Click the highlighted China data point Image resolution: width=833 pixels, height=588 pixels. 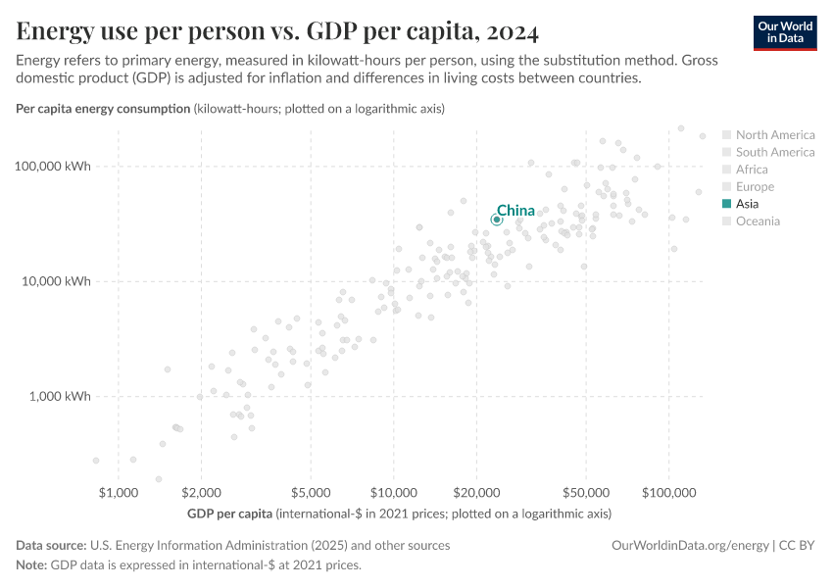497,220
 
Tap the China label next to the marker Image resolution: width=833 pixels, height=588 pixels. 515,211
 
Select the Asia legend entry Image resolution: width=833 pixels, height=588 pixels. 747,204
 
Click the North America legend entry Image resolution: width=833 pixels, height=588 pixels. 774,135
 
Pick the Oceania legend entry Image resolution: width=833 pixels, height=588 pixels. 758,221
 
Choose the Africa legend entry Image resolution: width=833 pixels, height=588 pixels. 753,170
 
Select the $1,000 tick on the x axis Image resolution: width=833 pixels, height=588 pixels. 118,491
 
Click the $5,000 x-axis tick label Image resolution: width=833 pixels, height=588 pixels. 310,491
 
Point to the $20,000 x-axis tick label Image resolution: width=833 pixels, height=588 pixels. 476,491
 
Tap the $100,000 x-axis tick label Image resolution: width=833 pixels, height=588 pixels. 668,491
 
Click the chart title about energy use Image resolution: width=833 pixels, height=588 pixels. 277,32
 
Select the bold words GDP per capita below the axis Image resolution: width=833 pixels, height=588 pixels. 228,514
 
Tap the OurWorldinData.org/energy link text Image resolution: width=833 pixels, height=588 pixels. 690,546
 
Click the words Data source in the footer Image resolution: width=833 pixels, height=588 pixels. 50,546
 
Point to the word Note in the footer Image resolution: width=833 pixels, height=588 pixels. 30,565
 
